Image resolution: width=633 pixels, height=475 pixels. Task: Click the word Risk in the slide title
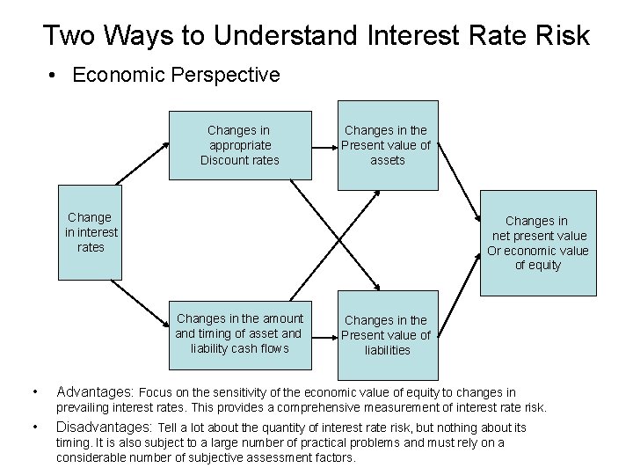(x=559, y=36)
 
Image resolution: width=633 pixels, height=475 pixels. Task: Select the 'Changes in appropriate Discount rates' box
(x=239, y=145)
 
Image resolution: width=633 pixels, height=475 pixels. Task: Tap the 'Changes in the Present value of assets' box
(x=387, y=145)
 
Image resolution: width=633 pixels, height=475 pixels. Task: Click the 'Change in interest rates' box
(x=91, y=232)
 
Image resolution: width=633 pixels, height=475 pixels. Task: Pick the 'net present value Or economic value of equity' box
(x=538, y=243)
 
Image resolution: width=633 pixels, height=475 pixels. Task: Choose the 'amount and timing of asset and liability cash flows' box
(x=239, y=333)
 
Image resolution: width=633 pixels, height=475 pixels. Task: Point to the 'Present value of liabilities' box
(x=387, y=335)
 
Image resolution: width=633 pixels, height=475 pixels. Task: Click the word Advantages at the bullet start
(x=95, y=391)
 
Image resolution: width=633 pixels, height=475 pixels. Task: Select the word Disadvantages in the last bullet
(x=105, y=427)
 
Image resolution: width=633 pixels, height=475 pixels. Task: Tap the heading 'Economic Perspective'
(x=176, y=75)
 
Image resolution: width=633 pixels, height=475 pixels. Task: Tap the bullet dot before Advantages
(x=32, y=391)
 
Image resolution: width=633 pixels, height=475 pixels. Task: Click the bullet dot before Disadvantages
(x=32, y=427)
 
